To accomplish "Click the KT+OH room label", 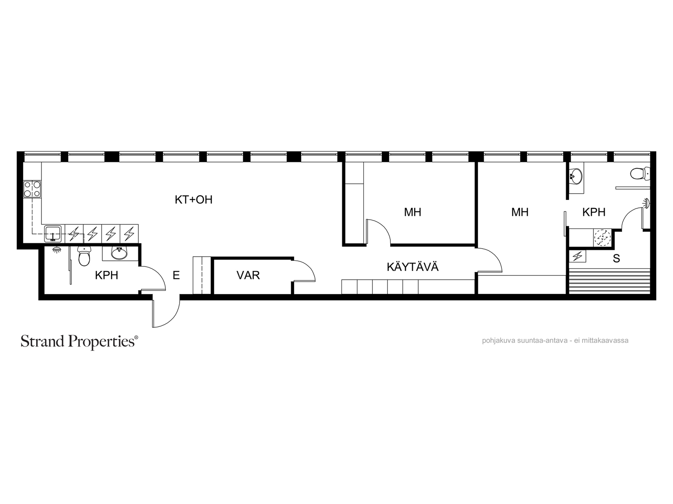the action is coord(193,200).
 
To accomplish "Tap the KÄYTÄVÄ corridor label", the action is coord(413,267).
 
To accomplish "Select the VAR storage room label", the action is coord(248,276).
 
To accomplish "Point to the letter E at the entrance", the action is coord(176,276).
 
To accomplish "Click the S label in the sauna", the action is coord(616,259).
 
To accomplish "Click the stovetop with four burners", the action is coord(32,189).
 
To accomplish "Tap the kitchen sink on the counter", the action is coord(53,234).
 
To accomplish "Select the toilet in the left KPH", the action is coord(84,257).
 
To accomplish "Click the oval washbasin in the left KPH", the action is coord(119,253).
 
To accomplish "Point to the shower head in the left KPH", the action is coord(56,250).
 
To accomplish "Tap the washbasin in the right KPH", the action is coord(575,176).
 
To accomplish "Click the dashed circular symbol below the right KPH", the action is coord(602,238).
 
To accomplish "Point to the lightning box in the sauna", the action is coord(578,256).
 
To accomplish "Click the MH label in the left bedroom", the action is coord(412,212).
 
